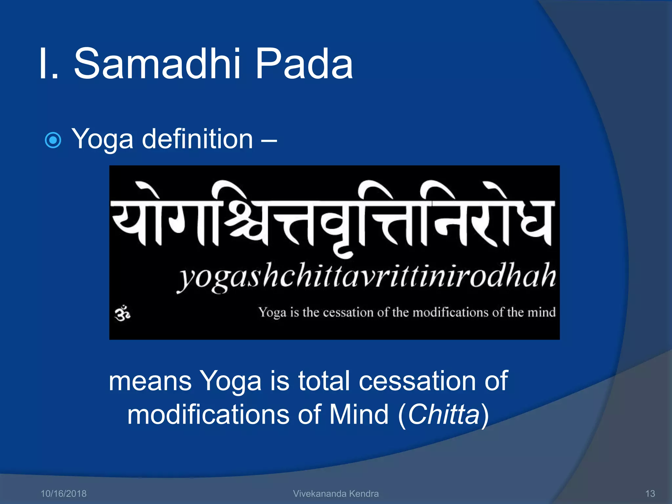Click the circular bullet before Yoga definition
[53, 140]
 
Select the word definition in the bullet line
[197, 139]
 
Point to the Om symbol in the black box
[122, 314]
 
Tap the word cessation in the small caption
[348, 312]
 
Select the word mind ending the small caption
[541, 312]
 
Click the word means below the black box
[150, 381]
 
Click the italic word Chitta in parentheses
[444, 414]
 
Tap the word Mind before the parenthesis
[359, 414]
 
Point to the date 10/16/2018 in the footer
[63, 493]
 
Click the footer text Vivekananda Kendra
[336, 493]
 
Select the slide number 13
[650, 493]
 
